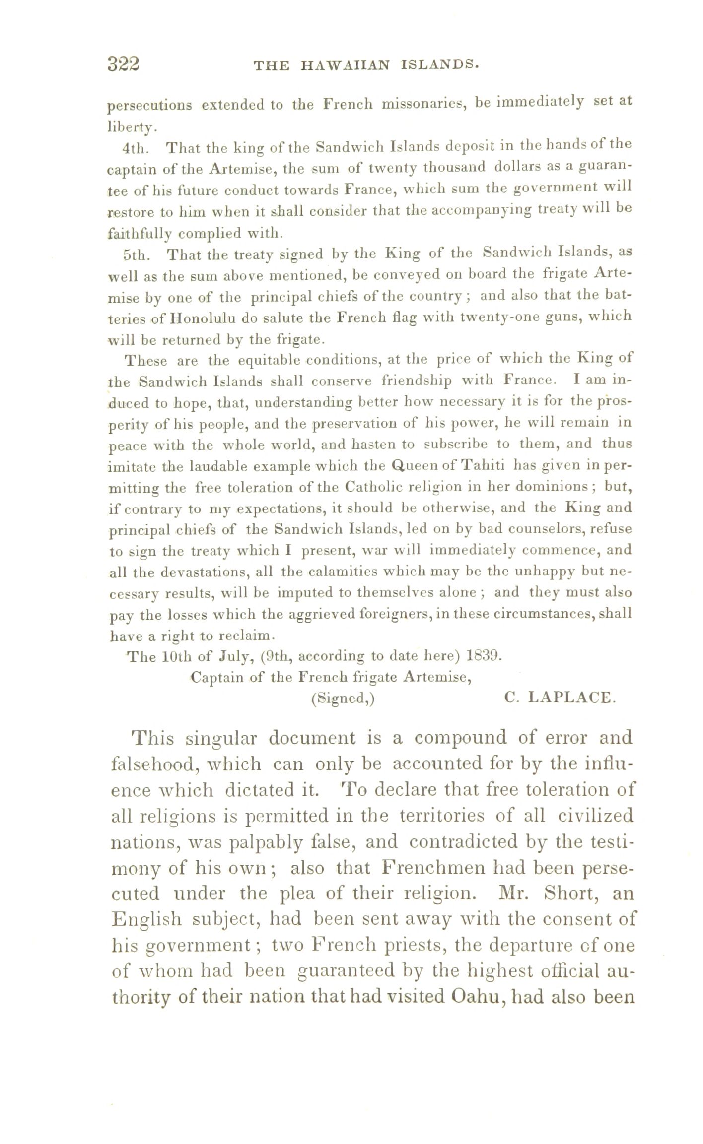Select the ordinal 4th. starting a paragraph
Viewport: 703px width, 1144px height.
(136, 148)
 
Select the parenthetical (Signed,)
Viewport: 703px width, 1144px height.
(343, 699)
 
